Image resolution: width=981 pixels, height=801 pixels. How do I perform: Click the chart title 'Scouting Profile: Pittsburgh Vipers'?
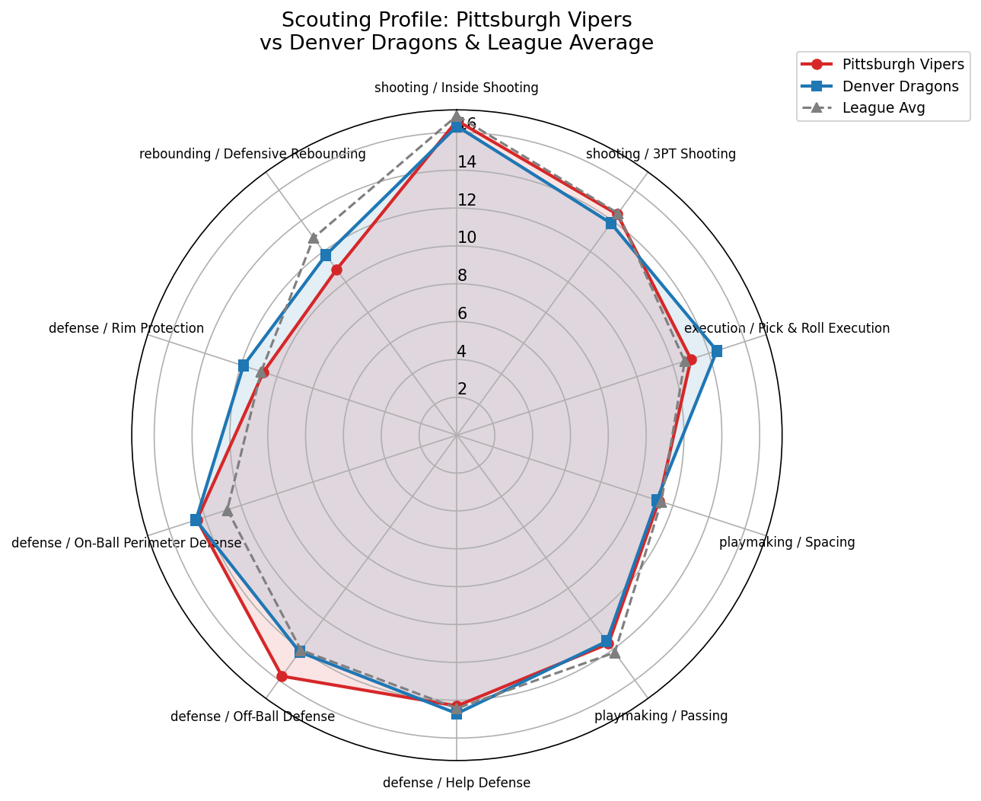[456, 19]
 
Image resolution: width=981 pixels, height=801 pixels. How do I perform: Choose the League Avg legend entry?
[883, 107]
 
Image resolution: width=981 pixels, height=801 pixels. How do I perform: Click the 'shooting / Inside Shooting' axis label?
[456, 88]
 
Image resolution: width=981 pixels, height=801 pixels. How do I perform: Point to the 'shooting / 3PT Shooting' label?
[661, 154]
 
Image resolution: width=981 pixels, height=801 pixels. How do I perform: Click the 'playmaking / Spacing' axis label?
[787, 542]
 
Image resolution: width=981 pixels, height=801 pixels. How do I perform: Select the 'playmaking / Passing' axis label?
[661, 716]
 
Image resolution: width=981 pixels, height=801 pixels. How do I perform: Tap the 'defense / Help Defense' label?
[456, 783]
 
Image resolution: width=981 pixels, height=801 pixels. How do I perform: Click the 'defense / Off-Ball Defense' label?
[253, 716]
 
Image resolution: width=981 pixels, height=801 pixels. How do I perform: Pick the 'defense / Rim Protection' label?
[126, 328]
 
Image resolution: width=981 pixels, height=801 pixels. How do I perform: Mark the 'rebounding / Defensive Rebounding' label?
[253, 154]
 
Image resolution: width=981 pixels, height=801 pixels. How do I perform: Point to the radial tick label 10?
[467, 238]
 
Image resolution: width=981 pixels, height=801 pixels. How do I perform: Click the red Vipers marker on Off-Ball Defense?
[282, 676]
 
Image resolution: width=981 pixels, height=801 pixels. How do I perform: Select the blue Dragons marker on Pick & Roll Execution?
[716, 351]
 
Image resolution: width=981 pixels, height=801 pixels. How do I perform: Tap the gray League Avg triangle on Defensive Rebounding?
[313, 238]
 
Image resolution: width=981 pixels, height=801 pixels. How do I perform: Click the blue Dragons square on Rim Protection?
[244, 365]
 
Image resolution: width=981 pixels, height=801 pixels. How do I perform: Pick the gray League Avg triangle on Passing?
[615, 653]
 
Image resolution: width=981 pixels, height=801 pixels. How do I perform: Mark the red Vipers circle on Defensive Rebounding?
[336, 270]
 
